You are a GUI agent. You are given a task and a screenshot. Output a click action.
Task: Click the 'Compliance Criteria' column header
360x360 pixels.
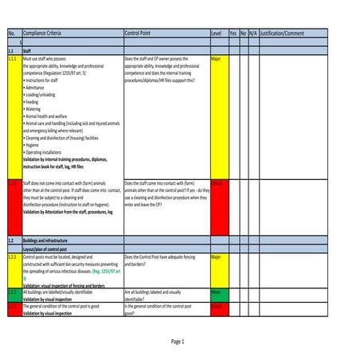[x=44, y=34]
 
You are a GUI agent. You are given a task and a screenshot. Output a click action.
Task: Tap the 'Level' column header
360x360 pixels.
[x=216, y=34]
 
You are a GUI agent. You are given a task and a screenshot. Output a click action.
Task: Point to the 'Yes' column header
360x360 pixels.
[x=233, y=34]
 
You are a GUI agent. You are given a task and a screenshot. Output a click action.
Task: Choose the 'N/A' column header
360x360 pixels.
[x=252, y=34]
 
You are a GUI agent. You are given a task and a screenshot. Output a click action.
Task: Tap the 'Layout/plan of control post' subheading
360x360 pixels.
[x=49, y=248]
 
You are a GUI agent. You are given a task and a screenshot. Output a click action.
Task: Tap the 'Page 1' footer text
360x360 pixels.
[x=178, y=341]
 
